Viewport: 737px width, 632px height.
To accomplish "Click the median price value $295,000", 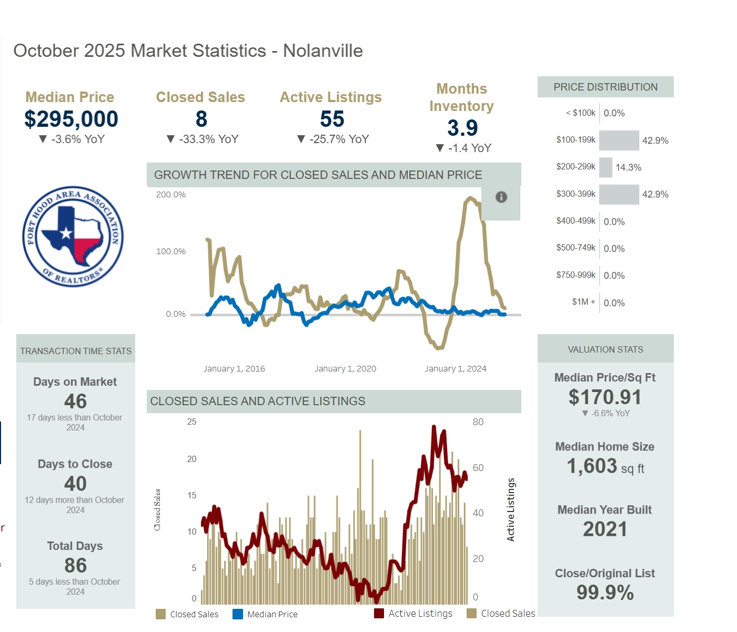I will tap(72, 119).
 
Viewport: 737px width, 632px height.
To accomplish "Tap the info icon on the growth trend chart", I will tap(501, 197).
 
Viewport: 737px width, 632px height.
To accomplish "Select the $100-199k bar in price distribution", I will tap(619, 141).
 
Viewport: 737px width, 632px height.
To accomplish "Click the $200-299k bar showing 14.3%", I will tap(605, 167).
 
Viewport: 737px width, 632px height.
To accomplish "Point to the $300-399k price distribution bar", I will tap(619, 195).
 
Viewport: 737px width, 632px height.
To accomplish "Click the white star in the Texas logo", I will tap(66, 233).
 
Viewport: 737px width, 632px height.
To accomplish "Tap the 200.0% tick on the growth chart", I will tap(171, 195).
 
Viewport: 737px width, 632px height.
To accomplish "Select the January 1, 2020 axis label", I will tap(345, 369).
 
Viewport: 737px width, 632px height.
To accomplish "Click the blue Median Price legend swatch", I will tap(238, 614).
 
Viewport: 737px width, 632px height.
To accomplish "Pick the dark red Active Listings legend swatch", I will tap(379, 614).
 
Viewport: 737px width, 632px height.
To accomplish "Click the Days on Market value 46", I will tap(75, 402).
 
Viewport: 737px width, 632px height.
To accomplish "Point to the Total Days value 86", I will tap(75, 566).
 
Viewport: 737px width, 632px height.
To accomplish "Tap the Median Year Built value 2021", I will tap(605, 529).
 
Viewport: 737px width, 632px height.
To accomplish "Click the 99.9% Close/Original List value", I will tap(605, 593).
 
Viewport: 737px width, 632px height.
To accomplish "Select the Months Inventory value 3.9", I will tap(462, 128).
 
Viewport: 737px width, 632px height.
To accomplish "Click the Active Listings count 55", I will tap(332, 119).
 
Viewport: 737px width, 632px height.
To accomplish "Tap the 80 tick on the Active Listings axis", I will tap(478, 422).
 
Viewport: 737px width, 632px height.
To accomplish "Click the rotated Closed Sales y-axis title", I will tap(157, 509).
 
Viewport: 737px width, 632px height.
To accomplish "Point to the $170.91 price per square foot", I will tap(605, 397).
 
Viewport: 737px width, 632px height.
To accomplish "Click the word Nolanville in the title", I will tap(323, 51).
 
